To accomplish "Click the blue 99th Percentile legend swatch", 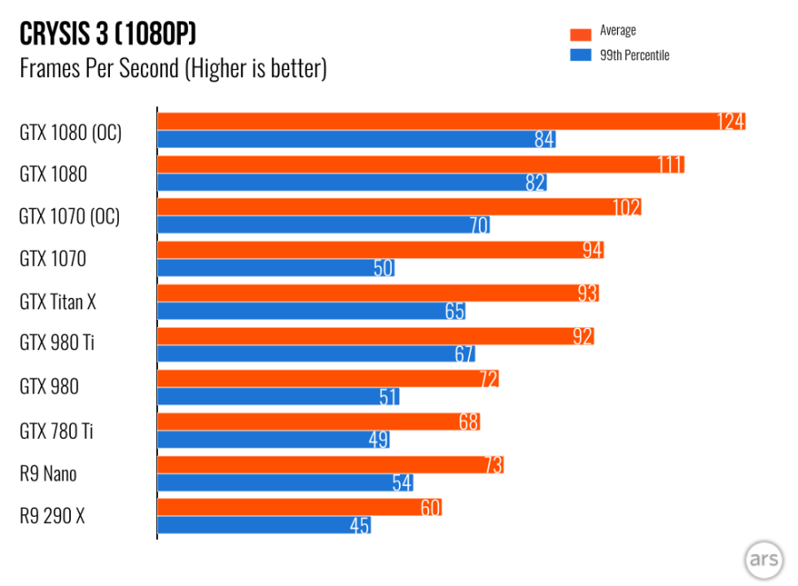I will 580,55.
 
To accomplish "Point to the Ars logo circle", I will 763,559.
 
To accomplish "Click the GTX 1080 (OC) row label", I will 70,132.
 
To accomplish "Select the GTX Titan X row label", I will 58,302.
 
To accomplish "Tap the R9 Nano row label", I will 48,474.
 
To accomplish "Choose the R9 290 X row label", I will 52,517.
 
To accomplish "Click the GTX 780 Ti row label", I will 56,432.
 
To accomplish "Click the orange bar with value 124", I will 450,121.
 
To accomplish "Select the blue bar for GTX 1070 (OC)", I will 324,225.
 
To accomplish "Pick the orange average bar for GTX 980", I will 327,379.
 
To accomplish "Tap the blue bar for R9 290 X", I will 263,526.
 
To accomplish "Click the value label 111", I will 669,164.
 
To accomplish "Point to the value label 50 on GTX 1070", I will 383,268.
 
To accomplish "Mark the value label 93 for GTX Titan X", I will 586,293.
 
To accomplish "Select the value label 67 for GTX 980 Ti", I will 464,354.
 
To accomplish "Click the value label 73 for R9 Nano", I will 492,465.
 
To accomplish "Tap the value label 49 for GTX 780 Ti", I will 378,440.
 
